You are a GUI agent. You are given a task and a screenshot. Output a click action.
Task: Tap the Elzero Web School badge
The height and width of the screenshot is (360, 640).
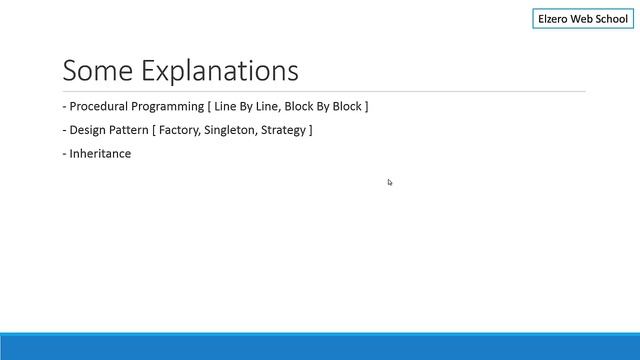(583, 19)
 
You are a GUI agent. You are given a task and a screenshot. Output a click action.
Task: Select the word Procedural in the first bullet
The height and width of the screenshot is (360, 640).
(99, 106)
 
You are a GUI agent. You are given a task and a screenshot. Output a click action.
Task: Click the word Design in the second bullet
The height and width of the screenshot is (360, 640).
(88, 130)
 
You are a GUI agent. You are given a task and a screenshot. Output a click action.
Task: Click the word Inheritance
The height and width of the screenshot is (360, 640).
(100, 154)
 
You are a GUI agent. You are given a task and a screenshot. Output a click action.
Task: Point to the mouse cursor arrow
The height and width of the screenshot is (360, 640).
(389, 181)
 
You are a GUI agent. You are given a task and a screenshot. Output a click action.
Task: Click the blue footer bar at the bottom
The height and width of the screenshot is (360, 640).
(320, 346)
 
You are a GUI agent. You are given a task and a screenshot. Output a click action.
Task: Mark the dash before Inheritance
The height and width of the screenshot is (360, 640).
(64, 154)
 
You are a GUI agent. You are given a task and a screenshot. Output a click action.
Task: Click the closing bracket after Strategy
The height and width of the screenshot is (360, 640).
(311, 130)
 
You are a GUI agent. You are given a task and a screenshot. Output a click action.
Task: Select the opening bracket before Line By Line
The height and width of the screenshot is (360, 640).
(209, 106)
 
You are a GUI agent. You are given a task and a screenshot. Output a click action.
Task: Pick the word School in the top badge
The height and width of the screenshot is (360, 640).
(609, 19)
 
